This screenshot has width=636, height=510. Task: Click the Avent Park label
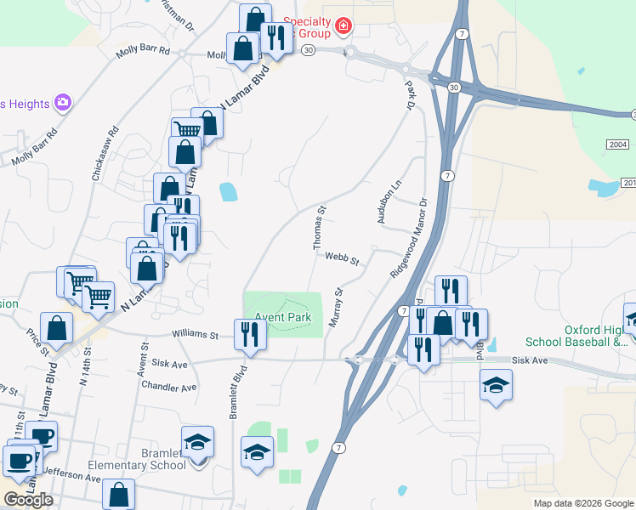283,318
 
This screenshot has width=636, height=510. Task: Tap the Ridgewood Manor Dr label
409,237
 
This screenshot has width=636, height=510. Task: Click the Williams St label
195,335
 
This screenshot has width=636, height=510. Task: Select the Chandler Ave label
171,387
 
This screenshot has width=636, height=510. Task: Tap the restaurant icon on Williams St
251,333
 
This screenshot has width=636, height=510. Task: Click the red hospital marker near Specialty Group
344,26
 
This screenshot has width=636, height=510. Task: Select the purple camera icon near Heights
63,103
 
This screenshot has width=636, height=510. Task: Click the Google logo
28,499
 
